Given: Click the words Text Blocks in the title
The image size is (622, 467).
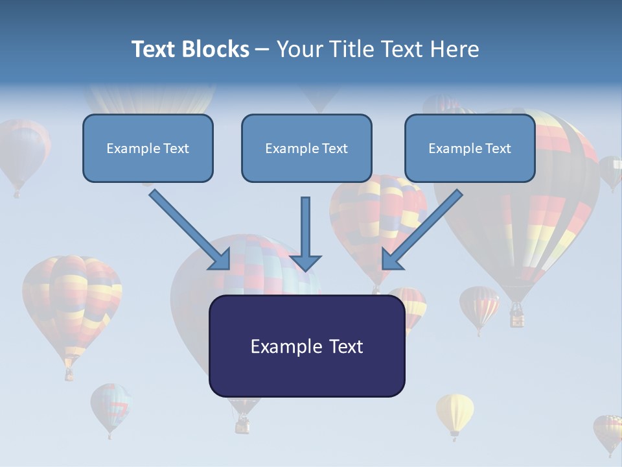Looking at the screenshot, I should click(190, 49).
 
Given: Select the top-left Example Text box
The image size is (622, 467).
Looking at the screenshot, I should click(148, 149).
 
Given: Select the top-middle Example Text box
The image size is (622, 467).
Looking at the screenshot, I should click(306, 149).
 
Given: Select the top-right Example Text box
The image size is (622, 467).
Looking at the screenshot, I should click(470, 149).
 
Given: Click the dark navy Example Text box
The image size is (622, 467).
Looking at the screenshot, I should click(306, 346).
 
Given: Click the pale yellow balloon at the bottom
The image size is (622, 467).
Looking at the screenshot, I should click(455, 413).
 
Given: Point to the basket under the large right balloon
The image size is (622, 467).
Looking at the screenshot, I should click(517, 317).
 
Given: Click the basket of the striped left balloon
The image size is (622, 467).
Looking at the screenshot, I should click(69, 374).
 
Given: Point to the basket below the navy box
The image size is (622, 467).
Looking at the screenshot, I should click(242, 425).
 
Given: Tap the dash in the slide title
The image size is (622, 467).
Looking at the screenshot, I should click(262, 50).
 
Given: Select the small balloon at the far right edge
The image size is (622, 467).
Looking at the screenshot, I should click(611, 170).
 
